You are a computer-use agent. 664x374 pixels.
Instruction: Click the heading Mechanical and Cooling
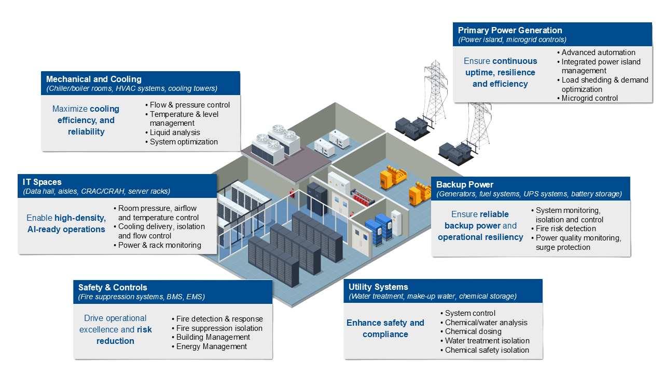(94, 79)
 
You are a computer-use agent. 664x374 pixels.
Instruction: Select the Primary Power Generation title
(510, 30)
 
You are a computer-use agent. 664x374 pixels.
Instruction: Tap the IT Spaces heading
(42, 182)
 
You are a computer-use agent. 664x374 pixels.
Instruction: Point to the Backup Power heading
(465, 184)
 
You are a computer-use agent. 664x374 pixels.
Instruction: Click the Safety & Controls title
(113, 287)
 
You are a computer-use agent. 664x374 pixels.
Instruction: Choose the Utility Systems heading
(378, 287)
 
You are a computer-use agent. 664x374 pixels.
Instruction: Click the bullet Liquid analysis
(175, 132)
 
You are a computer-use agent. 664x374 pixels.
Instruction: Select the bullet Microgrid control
(590, 98)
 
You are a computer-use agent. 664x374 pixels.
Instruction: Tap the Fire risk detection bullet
(566, 229)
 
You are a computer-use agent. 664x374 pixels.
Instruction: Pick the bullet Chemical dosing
(473, 331)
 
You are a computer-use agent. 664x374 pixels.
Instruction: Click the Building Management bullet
(213, 337)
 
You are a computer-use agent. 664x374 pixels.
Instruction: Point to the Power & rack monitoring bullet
(160, 245)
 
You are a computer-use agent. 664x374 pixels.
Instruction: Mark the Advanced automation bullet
(598, 52)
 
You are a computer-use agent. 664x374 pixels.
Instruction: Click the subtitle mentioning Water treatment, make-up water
(433, 297)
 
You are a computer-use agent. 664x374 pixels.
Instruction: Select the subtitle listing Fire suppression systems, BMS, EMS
(142, 297)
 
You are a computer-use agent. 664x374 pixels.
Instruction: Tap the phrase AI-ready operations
(66, 230)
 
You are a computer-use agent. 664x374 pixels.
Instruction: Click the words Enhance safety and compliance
(385, 328)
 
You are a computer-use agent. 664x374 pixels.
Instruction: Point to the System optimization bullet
(184, 142)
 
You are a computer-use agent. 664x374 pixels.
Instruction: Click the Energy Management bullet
(212, 346)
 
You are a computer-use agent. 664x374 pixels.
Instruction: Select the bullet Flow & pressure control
(190, 105)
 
